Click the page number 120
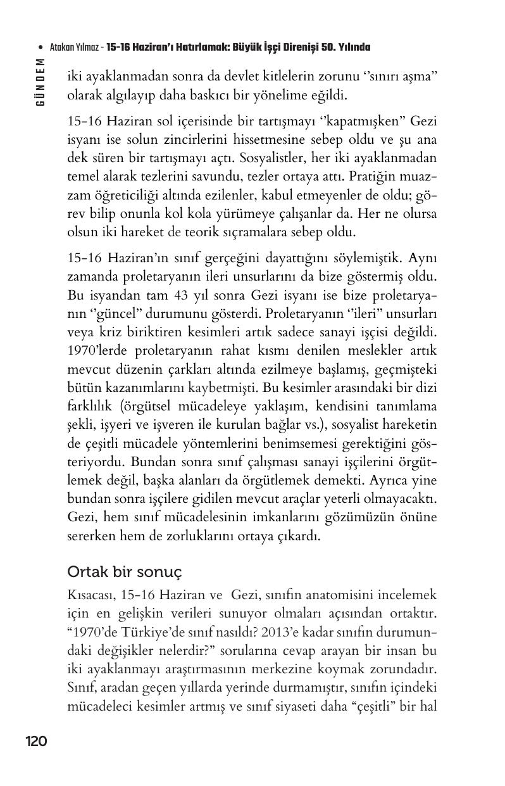coord(36,741)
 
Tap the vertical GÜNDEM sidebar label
coord(41,82)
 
